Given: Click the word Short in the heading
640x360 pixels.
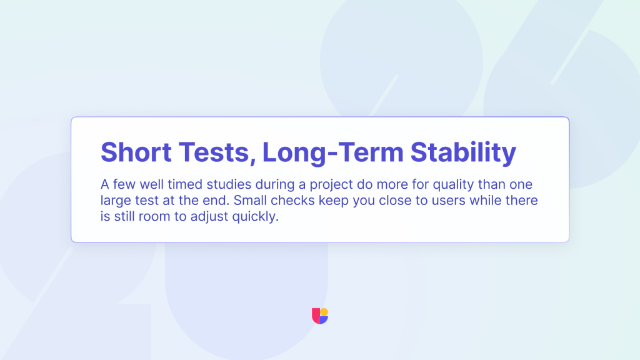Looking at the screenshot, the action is [x=136, y=152].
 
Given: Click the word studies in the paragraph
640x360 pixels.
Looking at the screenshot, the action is [x=229, y=184].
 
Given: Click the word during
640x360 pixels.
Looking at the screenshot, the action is [x=275, y=185].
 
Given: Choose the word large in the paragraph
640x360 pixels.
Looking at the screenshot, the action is [x=115, y=201].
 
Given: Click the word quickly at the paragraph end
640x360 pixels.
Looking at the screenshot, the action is [x=255, y=217].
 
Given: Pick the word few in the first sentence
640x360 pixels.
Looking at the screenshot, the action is [x=124, y=184].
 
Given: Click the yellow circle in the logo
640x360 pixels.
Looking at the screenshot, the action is [x=324, y=312].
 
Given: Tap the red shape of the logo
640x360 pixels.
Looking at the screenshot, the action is [x=316, y=316].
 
